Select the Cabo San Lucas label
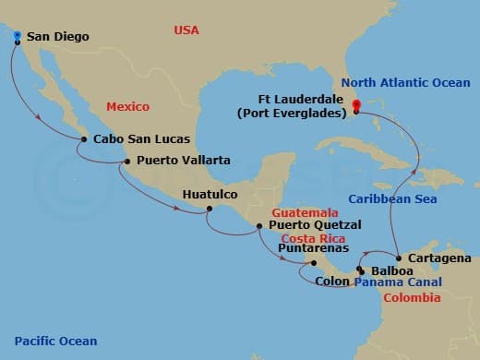coord(142,139)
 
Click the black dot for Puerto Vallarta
coord(127,162)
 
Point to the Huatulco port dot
coord(209,208)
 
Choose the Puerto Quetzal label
coord(315,224)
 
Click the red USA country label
coord(187,30)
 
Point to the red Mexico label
coord(127,107)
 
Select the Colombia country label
coord(413,297)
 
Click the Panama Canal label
coord(397,282)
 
